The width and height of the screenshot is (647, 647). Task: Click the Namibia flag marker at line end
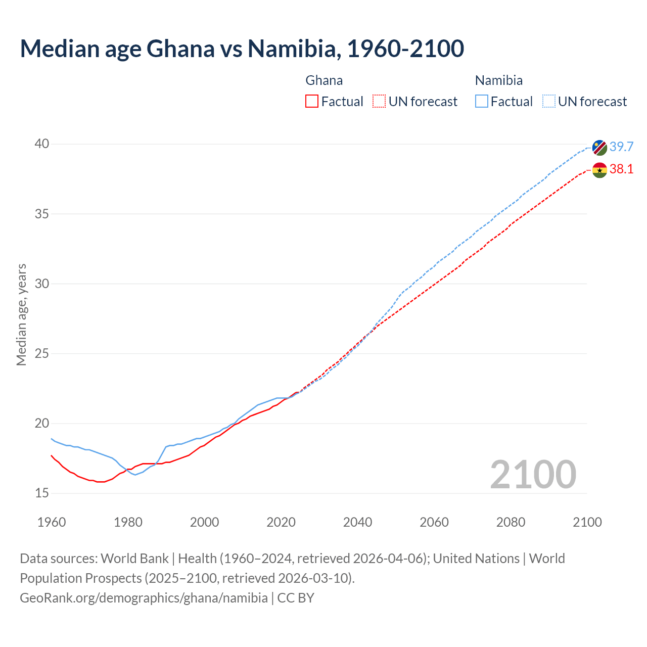[599, 148]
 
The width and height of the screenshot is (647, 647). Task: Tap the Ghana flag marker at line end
[599, 170]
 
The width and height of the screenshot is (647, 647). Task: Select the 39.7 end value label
[621, 147]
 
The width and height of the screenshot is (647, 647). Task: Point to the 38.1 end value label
[621, 169]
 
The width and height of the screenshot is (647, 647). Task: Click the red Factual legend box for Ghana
[312, 102]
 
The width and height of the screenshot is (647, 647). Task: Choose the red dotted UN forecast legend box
[379, 102]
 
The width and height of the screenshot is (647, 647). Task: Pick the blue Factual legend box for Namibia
[482, 102]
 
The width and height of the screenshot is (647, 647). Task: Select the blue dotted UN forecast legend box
[548, 102]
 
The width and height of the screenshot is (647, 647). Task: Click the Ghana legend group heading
[324, 80]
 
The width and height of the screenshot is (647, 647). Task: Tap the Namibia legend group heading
[498, 80]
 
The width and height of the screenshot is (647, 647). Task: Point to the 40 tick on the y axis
[42, 144]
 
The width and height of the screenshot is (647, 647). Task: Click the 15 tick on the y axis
[42, 493]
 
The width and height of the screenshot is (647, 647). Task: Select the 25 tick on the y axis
[42, 353]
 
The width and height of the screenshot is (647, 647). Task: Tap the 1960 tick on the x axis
[52, 522]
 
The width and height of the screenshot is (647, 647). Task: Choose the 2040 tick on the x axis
[357, 522]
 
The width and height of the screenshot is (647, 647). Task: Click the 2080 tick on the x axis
[511, 522]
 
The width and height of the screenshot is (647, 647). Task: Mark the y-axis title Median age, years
[21, 314]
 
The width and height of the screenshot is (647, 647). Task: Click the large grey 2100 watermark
[533, 474]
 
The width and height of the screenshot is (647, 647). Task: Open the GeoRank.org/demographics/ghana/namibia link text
[144, 598]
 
